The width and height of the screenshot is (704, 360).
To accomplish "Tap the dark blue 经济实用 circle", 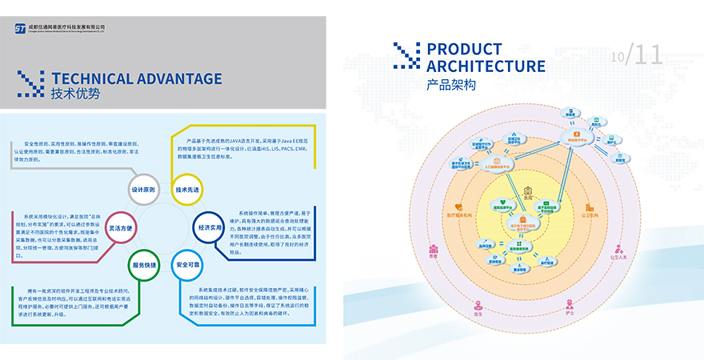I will (210, 227).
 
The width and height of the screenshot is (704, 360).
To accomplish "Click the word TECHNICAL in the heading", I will (86, 78).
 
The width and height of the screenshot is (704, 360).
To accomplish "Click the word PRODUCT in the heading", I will (465, 50).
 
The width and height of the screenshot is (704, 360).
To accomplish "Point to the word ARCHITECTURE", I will (486, 66).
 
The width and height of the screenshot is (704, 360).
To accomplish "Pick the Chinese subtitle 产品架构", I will (451, 85).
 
